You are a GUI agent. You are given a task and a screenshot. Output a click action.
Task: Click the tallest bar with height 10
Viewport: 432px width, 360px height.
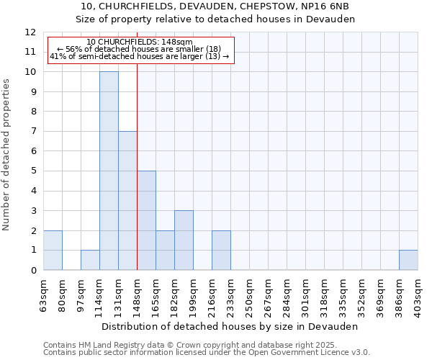[x=109, y=171]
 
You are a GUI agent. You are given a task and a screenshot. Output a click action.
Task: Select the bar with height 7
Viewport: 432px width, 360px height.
[x=127, y=200]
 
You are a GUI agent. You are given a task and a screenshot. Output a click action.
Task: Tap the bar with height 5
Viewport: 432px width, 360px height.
[x=146, y=220]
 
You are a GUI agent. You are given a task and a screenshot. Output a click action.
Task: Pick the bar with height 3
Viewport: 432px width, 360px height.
[x=184, y=240]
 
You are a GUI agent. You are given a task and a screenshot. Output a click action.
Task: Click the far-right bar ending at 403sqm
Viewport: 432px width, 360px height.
[x=408, y=260]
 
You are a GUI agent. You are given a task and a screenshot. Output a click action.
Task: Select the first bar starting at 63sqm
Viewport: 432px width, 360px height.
[x=53, y=250]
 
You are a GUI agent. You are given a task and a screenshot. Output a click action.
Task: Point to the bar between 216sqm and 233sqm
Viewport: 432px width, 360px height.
[x=221, y=250]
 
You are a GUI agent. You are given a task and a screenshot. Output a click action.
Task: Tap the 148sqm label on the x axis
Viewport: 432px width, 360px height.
[x=137, y=293]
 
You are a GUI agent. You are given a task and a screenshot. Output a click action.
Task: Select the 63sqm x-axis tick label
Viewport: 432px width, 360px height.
[x=43, y=293]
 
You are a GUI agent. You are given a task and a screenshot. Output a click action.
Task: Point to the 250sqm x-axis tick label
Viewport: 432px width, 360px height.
[x=249, y=293]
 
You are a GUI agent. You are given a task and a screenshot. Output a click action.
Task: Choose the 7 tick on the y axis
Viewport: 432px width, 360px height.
[x=33, y=131]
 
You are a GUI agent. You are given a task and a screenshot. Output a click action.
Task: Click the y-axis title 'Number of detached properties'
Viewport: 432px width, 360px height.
[x=7, y=155]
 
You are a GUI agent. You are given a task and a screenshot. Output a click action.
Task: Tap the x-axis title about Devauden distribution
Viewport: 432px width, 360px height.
[x=230, y=326]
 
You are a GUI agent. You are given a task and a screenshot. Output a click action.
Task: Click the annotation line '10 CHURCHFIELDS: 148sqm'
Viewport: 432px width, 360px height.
[x=140, y=42]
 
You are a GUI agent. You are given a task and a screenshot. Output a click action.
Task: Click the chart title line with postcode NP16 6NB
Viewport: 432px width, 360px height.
[x=215, y=6]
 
